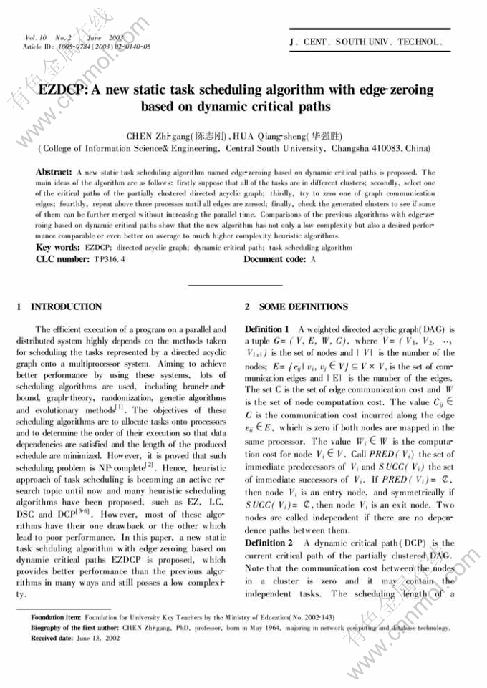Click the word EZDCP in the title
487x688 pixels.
[x=62, y=90]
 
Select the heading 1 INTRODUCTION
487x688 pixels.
[x=59, y=306]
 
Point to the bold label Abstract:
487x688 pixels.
[x=53, y=173]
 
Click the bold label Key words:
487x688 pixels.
[x=58, y=247]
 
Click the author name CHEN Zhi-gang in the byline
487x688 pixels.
[x=160, y=135]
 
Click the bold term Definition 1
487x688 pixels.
[x=269, y=329]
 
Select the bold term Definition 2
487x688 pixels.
[x=269, y=543]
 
